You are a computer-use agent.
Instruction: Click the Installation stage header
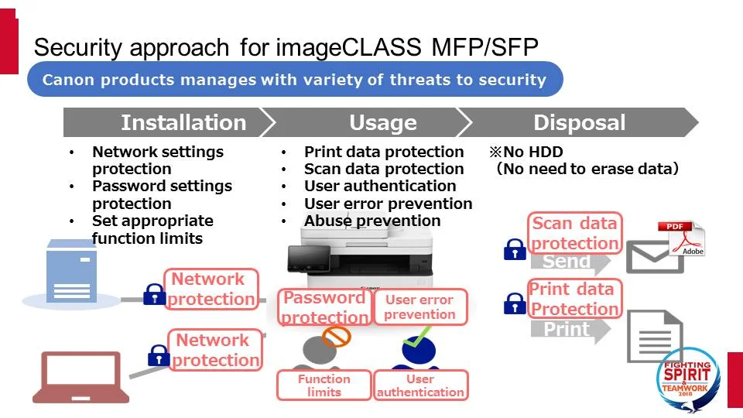tap(183, 122)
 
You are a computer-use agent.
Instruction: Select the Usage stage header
tap(382, 122)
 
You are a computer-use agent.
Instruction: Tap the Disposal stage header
tap(579, 122)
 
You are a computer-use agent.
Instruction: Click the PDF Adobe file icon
tap(681, 239)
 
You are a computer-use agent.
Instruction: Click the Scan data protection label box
tap(575, 233)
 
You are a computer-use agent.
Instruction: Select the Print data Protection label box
tap(574, 299)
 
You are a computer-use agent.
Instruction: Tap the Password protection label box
tap(324, 307)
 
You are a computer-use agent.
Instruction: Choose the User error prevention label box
tap(420, 307)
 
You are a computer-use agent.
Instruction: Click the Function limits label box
tap(324, 385)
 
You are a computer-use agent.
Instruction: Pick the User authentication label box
tap(420, 385)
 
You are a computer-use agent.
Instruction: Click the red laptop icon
tap(80, 376)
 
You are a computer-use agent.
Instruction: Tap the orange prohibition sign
tap(336, 336)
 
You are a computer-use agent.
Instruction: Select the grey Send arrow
tap(570, 262)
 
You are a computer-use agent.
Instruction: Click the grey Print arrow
tap(570, 329)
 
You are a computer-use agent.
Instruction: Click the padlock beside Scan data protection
tap(515, 249)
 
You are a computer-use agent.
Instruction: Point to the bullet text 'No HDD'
tap(532, 152)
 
